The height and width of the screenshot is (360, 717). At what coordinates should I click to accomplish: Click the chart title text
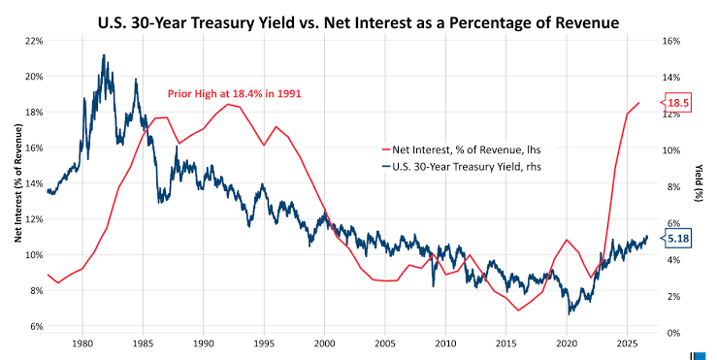pyautogui.click(x=359, y=22)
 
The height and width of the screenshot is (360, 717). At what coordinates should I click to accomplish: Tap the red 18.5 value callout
pyautogui.click(x=676, y=103)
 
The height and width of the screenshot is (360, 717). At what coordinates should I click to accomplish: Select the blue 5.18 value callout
pyautogui.click(x=676, y=239)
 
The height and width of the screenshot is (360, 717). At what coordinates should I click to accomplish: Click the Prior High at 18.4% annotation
pyautogui.click(x=234, y=94)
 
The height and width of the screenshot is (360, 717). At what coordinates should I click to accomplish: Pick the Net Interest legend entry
pyautogui.click(x=461, y=149)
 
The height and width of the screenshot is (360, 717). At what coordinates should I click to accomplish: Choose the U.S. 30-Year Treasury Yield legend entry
pyautogui.click(x=461, y=167)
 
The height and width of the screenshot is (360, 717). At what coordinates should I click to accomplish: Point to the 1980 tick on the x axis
pyautogui.click(x=82, y=344)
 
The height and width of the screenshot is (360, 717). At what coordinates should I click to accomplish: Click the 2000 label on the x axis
pyautogui.click(x=325, y=344)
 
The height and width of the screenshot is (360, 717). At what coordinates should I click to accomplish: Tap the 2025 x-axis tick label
pyautogui.click(x=627, y=344)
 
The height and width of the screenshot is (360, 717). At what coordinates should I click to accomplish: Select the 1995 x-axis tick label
pyautogui.click(x=264, y=344)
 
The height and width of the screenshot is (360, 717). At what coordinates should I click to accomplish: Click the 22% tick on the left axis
pyautogui.click(x=35, y=41)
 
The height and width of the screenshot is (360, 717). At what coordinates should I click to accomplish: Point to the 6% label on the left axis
pyautogui.click(x=37, y=326)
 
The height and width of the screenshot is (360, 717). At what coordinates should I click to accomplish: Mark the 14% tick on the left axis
pyautogui.click(x=35, y=183)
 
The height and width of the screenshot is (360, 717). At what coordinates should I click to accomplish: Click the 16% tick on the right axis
pyautogui.click(x=671, y=41)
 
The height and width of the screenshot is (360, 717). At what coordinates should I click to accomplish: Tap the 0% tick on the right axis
pyautogui.click(x=669, y=333)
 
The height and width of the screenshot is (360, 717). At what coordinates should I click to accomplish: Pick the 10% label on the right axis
pyautogui.click(x=671, y=150)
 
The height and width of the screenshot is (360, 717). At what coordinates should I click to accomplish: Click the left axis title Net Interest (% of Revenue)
pyautogui.click(x=18, y=182)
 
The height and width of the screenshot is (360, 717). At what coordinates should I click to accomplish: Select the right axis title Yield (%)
pyautogui.click(x=699, y=182)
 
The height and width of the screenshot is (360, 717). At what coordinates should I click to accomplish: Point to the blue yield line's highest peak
pyautogui.click(x=104, y=55)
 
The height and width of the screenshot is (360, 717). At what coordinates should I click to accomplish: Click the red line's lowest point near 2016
pyautogui.click(x=518, y=311)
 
